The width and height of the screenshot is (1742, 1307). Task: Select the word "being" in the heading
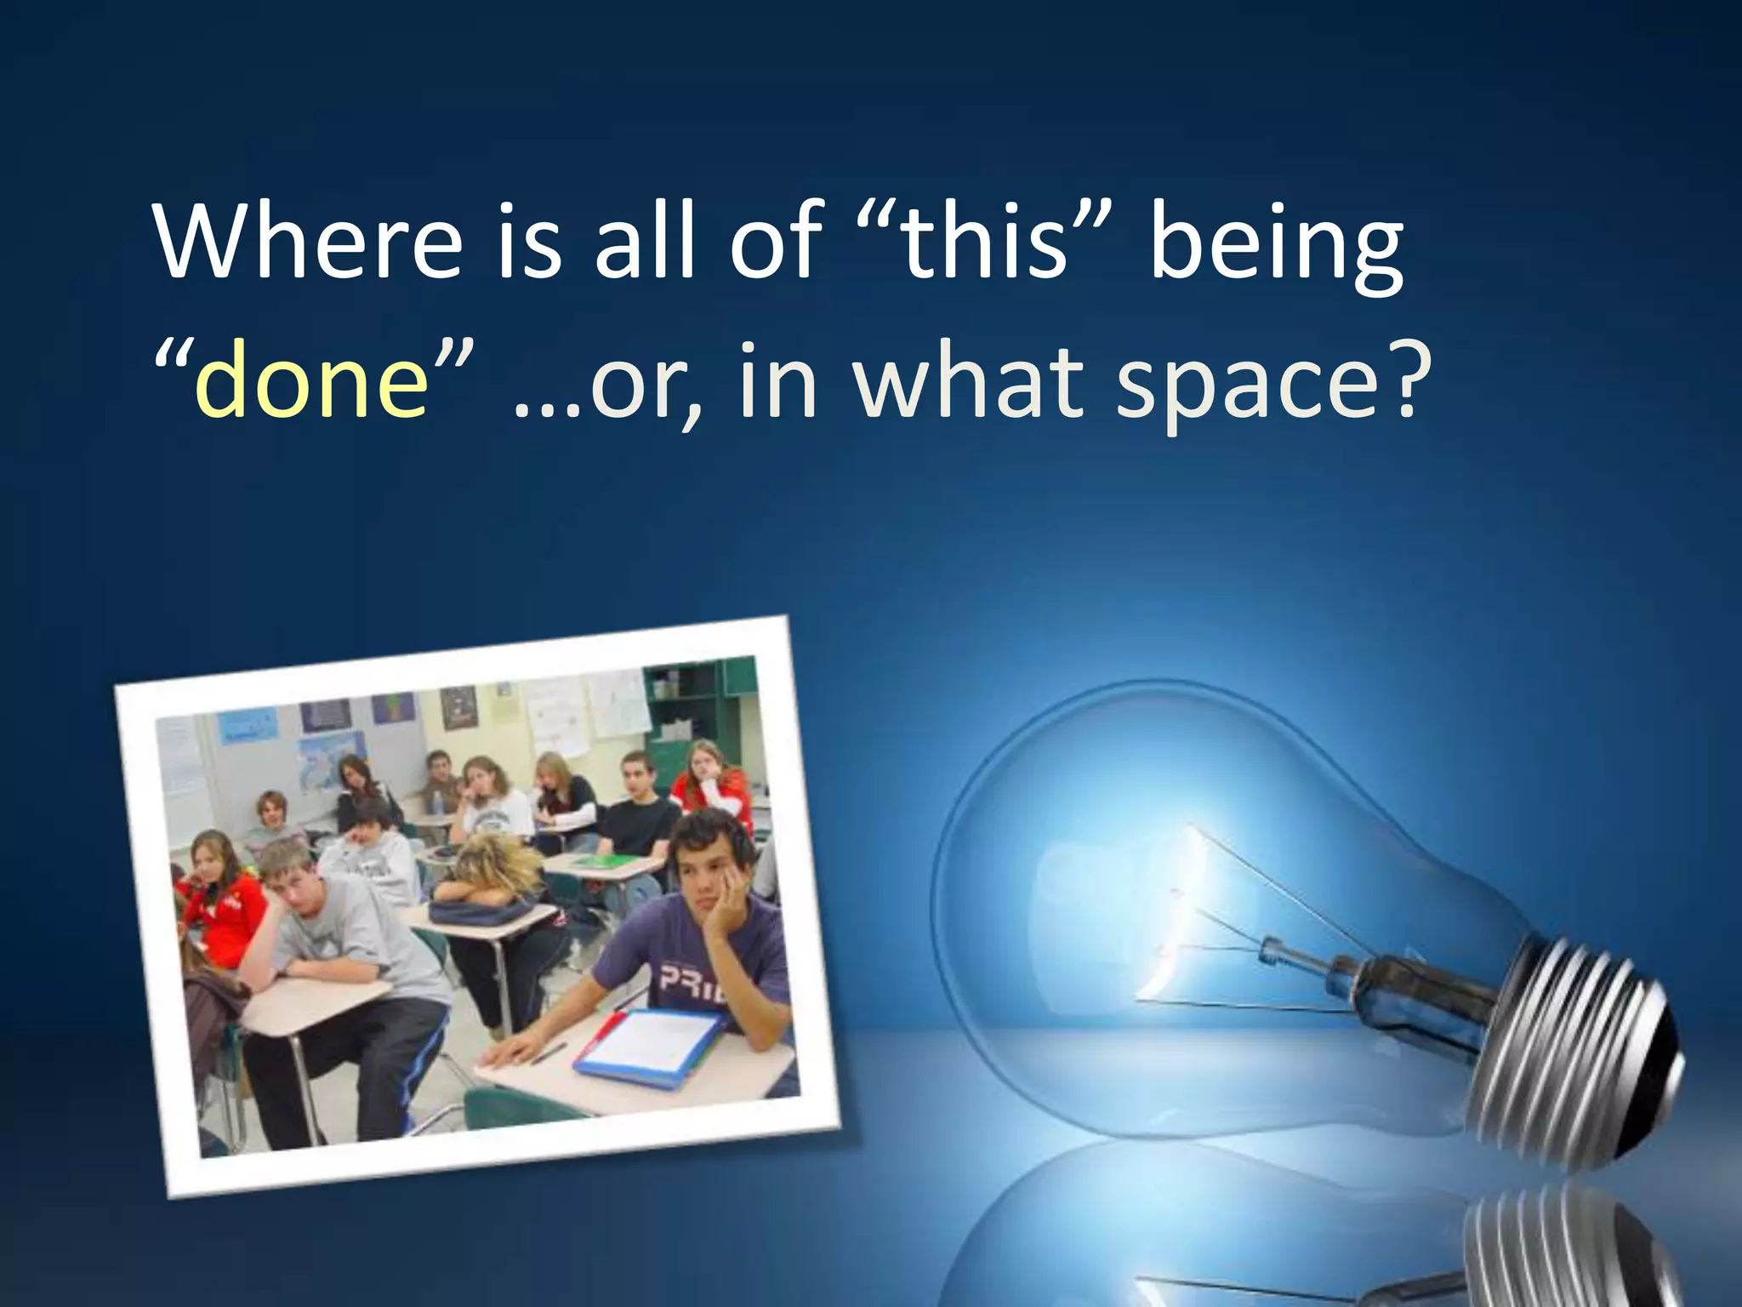pos(1276,247)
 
